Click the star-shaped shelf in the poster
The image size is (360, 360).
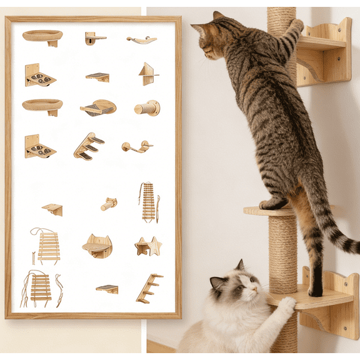pyautogui.click(x=148, y=246)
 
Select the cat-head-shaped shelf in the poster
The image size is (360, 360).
pyautogui.click(x=97, y=246)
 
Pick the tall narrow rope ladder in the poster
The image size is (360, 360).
pyautogui.click(x=148, y=201)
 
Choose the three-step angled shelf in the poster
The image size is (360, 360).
pyautogui.click(x=88, y=146)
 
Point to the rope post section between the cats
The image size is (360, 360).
pyautogui.click(x=283, y=250)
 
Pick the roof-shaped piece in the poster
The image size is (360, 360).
pyautogui.click(x=148, y=74)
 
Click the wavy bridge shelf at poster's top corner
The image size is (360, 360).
pyautogui.click(x=142, y=40)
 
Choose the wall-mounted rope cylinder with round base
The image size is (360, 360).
pyautogui.click(x=147, y=108)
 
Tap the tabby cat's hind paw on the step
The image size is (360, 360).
pyautogui.click(x=273, y=204)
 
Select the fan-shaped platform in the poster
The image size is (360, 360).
pyautogui.click(x=99, y=107)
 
